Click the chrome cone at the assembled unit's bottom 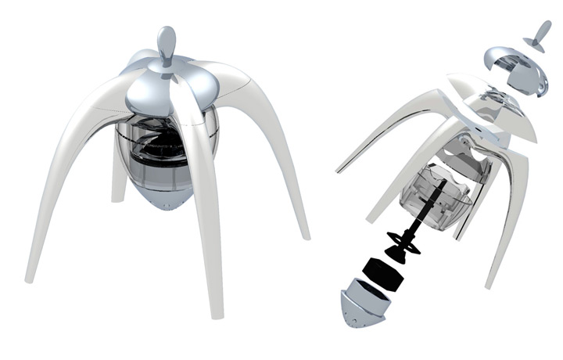point(163,203)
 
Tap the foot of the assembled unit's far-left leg point(30,275)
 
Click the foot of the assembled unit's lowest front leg point(217,313)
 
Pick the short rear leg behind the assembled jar point(119,184)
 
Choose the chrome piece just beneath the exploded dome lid point(485,102)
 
